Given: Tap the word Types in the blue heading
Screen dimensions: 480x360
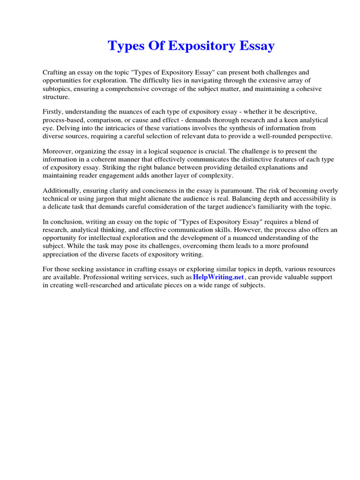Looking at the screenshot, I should pyautogui.click(x=125, y=46).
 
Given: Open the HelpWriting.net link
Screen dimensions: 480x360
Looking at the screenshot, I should pyautogui.click(x=218, y=277).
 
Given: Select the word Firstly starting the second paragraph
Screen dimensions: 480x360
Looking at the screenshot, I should pyautogui.click(x=53, y=112).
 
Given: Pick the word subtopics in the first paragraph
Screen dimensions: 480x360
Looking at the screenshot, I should pyautogui.click(x=58, y=89).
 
